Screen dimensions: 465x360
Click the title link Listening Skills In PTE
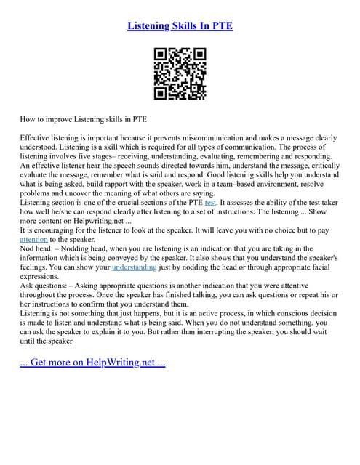click(180, 26)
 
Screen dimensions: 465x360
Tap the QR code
click(180, 74)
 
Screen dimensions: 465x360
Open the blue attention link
click(33, 241)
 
